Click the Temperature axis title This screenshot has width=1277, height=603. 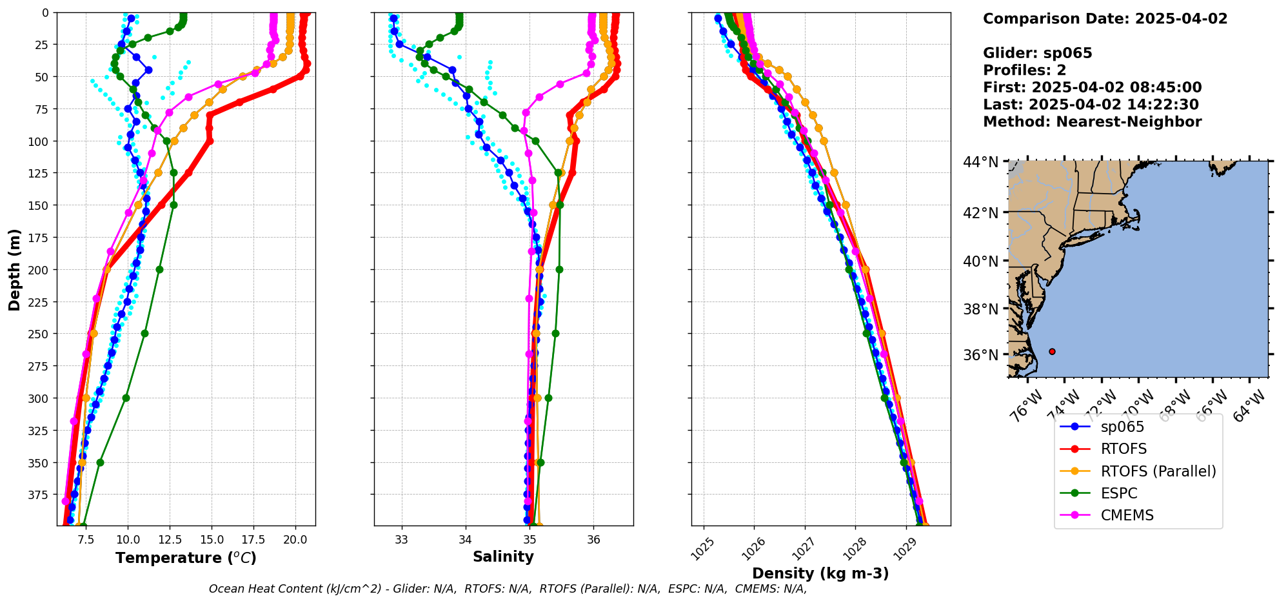[186, 558]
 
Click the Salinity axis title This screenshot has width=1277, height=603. [503, 557]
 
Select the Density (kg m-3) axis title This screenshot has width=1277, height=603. [820, 573]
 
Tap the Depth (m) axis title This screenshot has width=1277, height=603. [14, 269]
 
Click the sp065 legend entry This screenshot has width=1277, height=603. [1122, 427]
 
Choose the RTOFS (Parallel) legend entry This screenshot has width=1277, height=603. [1158, 471]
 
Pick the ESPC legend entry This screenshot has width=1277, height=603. [1119, 493]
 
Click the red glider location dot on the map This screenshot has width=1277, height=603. [1052, 351]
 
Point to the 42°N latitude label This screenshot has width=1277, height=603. [980, 213]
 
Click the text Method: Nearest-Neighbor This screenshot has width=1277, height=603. [1092, 122]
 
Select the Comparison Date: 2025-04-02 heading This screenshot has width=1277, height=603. [1105, 19]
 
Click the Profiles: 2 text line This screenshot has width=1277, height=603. [1024, 70]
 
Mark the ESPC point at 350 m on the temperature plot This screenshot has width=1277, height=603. [100, 462]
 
